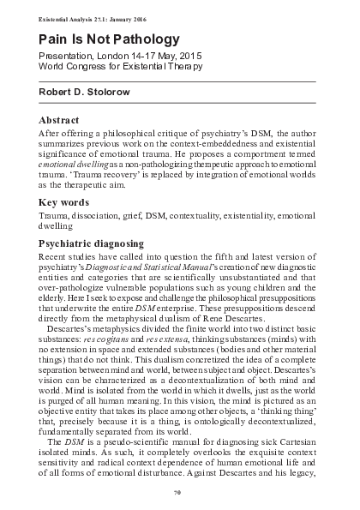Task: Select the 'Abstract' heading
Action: (x=59, y=120)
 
